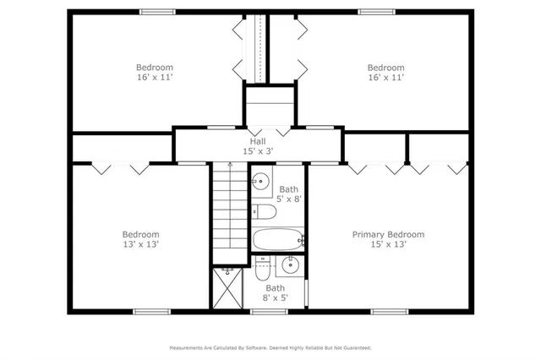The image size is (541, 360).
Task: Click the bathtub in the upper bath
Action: click(x=276, y=239)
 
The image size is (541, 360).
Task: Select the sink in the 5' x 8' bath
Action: click(x=261, y=180)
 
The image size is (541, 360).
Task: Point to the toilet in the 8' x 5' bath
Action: click(x=263, y=270)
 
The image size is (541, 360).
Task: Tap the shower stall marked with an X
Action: click(x=226, y=290)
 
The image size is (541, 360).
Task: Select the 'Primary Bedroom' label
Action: click(x=388, y=234)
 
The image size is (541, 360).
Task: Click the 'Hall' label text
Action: click(x=257, y=141)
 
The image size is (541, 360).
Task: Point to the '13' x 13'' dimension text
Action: click(x=140, y=244)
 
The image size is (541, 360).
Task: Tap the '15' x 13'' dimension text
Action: click(x=388, y=244)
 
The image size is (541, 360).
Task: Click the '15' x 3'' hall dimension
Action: click(x=257, y=151)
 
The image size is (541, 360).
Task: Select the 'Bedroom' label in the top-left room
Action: click(x=155, y=68)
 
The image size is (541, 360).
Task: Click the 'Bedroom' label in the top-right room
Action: click(x=385, y=68)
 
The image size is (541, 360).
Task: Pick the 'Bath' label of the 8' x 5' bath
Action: click(x=276, y=288)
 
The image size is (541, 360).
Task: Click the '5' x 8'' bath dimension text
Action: click(x=291, y=199)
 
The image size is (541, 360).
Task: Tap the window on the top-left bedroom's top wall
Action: click(x=157, y=12)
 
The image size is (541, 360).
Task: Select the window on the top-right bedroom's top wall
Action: click(x=376, y=12)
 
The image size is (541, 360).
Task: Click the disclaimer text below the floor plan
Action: click(x=270, y=347)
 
